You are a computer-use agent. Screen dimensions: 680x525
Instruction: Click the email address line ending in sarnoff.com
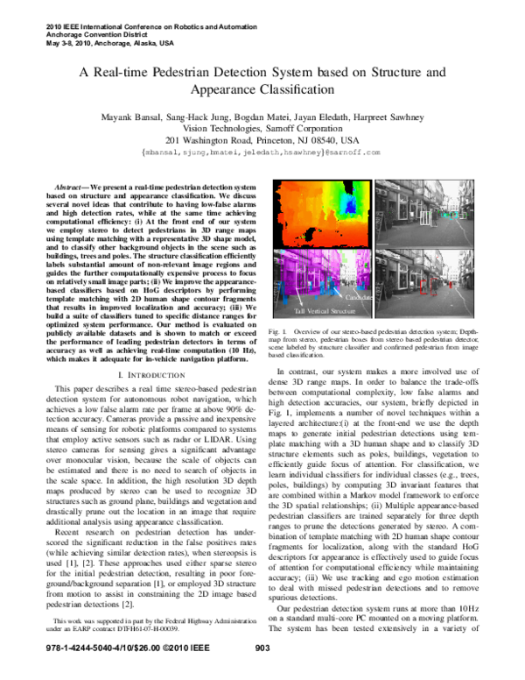(262, 152)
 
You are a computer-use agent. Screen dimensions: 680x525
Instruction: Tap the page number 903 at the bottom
(261, 670)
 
